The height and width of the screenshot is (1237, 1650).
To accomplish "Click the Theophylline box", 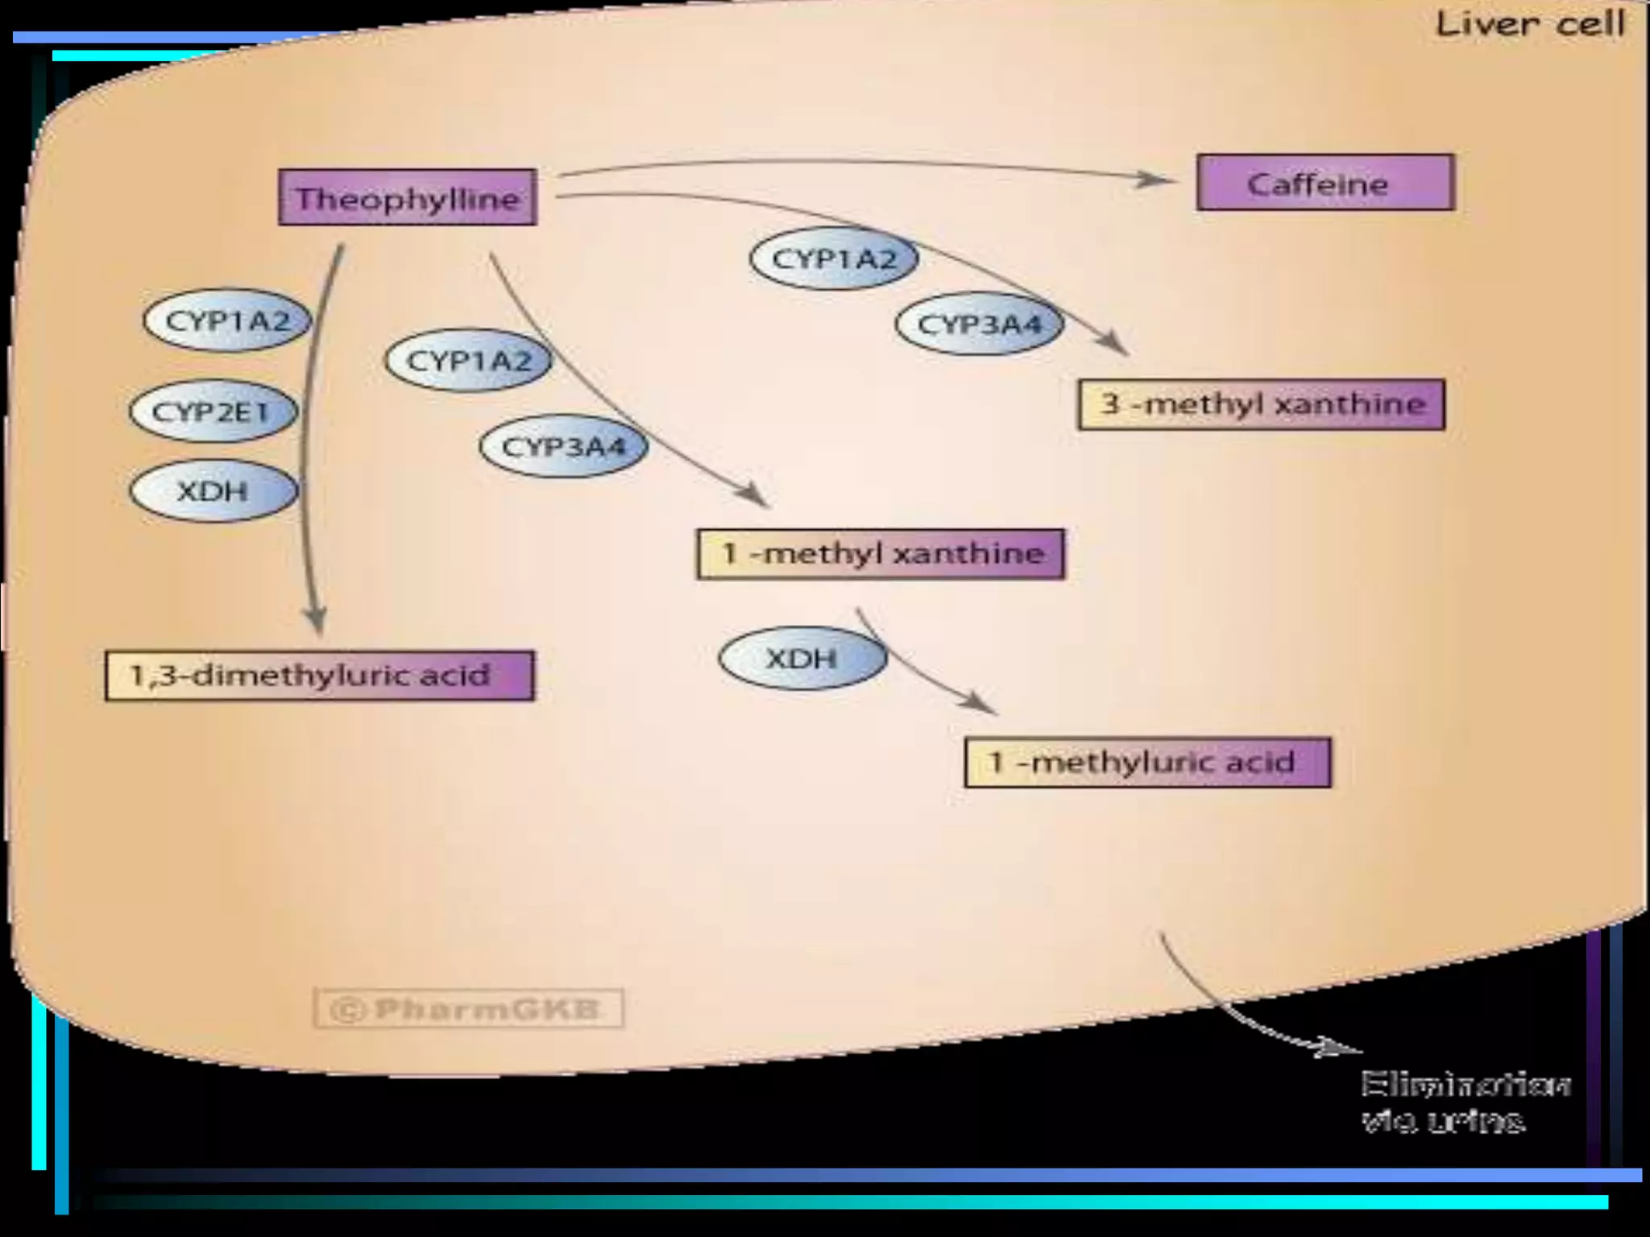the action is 408,197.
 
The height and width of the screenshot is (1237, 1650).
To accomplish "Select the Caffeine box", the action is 1325,184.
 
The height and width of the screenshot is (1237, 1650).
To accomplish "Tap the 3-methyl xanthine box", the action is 1261,403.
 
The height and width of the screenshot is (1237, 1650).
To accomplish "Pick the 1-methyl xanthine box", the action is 881,554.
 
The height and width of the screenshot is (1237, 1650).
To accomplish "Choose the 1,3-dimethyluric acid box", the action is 320,675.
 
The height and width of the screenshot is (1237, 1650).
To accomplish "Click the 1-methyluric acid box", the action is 1147,762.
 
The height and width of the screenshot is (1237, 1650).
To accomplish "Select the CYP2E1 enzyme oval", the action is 213,412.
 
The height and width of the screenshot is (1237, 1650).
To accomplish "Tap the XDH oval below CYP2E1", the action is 214,490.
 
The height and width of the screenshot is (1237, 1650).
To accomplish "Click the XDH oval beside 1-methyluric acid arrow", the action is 802,658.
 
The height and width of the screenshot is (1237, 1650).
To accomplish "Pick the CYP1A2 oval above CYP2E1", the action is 227,321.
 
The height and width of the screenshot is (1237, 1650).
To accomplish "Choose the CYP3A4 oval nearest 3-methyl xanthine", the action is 979,325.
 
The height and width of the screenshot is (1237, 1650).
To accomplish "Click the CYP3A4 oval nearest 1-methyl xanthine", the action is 563,446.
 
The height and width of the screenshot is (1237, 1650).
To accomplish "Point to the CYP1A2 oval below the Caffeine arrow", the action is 834,259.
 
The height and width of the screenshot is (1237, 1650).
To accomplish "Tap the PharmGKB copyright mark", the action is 468,1009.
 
